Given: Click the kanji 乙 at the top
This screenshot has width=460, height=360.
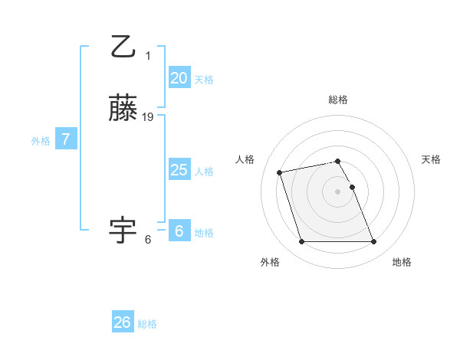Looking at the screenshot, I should click(123, 47).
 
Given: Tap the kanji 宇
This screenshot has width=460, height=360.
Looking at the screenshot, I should click(123, 229).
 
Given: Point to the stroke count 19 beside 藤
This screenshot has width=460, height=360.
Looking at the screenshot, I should click(148, 117).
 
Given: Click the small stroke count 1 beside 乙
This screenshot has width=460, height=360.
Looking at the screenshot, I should click(148, 55).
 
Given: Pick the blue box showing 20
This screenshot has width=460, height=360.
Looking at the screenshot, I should click(179, 78).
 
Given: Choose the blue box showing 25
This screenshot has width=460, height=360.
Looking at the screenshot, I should click(179, 170).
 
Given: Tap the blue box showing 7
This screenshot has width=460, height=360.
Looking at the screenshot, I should click(66, 139).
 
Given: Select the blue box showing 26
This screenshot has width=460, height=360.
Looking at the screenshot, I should click(123, 322).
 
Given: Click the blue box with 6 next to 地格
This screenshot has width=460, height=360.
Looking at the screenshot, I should click(179, 231).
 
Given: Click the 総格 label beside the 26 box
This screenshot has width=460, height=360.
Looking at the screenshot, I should click(147, 324).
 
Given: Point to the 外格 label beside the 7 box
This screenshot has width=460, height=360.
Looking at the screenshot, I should click(41, 141).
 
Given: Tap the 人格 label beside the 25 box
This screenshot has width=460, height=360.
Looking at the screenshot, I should click(205, 172).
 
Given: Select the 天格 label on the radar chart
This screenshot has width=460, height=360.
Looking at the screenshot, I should click(431, 159).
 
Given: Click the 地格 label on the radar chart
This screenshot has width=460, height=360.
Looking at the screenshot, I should click(402, 262).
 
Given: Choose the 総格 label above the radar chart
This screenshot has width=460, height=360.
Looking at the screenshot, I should click(338, 100).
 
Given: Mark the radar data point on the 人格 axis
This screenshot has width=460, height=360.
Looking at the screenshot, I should click(280, 172).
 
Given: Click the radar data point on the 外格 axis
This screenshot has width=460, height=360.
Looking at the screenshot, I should click(302, 242).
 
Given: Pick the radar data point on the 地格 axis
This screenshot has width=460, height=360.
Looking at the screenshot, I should click(373, 242).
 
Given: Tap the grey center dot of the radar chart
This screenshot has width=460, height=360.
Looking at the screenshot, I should click(338, 191).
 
